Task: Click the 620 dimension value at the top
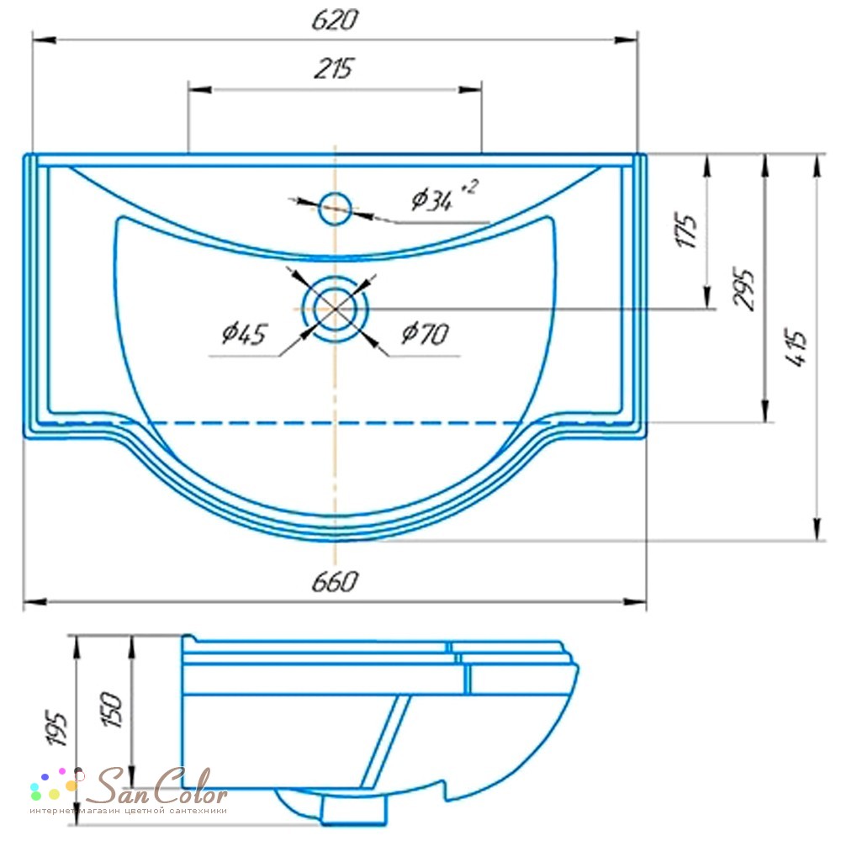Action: [336, 20]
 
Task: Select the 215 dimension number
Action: [334, 69]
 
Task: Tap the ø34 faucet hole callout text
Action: [444, 197]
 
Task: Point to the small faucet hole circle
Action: [336, 209]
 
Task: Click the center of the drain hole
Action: [336, 309]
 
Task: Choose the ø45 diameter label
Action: [244, 334]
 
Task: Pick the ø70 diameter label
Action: [425, 334]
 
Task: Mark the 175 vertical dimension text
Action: [687, 230]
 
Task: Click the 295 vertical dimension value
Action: [744, 289]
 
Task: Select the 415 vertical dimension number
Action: [796, 346]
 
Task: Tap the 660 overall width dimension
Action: [336, 582]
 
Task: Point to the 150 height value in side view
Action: [112, 710]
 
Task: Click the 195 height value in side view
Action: [57, 727]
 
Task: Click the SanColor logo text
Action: [156, 785]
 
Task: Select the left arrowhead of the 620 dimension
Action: [44, 40]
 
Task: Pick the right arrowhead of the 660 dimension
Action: [634, 602]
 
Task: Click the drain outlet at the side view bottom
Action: [354, 809]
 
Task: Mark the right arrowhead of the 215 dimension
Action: [469, 90]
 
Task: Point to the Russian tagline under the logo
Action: [128, 811]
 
